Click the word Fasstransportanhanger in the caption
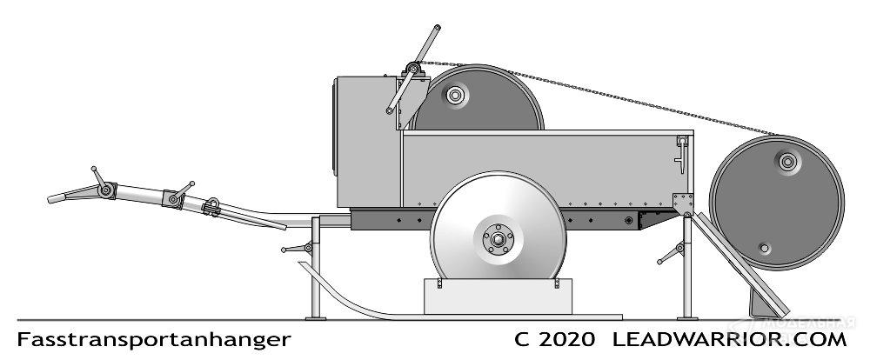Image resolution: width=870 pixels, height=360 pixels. click(x=153, y=338)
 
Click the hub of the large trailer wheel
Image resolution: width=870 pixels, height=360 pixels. click(x=498, y=238)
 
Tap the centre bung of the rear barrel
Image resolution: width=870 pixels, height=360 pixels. click(x=786, y=160)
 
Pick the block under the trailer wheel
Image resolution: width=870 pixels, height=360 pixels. click(x=498, y=297)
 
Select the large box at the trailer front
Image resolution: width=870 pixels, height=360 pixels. click(x=365, y=143)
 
